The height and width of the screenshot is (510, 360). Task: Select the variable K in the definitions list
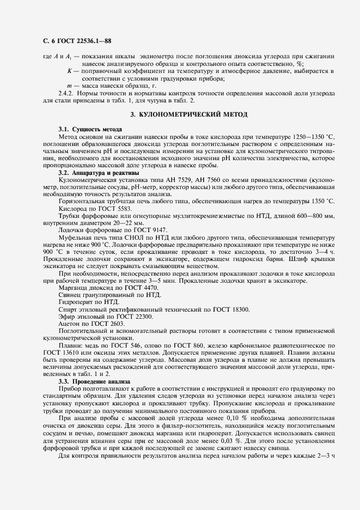coord(69,71)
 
